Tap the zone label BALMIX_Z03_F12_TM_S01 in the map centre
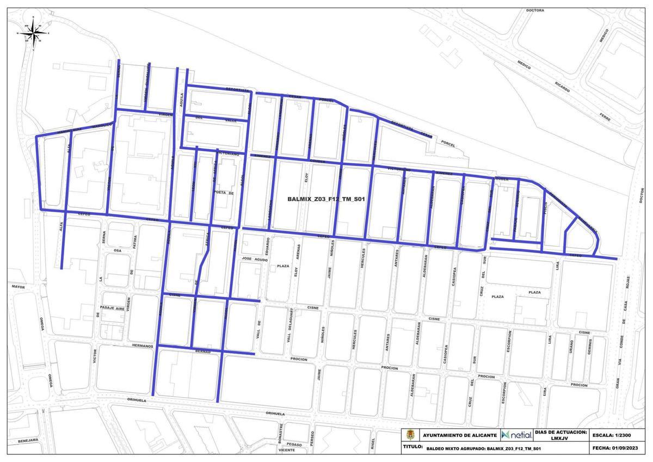coord(325,199)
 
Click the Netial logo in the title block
coord(517,435)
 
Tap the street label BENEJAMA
coord(27,440)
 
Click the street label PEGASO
coord(294,445)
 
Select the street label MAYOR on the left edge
coord(18,286)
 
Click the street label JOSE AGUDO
coord(255,258)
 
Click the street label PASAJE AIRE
coord(113,308)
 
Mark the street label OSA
coord(116,250)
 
